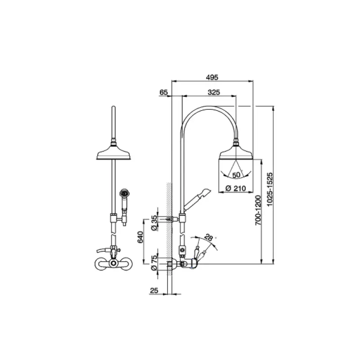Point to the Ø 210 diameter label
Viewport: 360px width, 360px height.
(x=235, y=188)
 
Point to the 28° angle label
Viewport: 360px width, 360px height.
(x=209, y=237)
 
